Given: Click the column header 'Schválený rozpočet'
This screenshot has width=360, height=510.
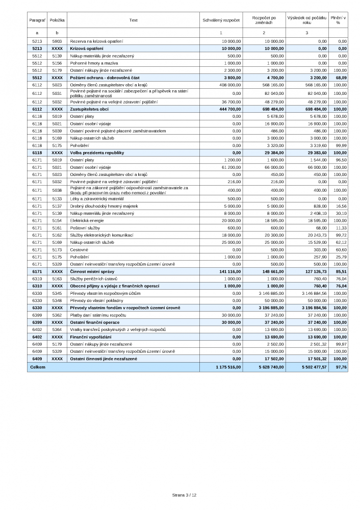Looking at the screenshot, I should pyautogui.click(x=222, y=20).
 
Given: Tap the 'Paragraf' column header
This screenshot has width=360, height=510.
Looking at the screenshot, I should pyautogui.click(x=37, y=20).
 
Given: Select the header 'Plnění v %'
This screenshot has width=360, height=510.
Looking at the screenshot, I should pyautogui.click(x=338, y=20).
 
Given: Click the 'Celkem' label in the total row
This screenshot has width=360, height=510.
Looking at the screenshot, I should pyautogui.click(x=38, y=367).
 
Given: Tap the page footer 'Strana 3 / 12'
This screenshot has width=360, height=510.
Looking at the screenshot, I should pyautogui.click(x=184, y=495).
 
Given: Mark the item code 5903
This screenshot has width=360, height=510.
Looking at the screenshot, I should pyautogui.click(x=57, y=40).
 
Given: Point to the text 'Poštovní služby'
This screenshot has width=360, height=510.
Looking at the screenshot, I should pyautogui.click(x=85, y=227).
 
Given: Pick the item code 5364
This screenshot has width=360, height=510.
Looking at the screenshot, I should pyautogui.click(x=57, y=329).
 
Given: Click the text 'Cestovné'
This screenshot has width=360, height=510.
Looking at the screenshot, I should pyautogui.click(x=79, y=250).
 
